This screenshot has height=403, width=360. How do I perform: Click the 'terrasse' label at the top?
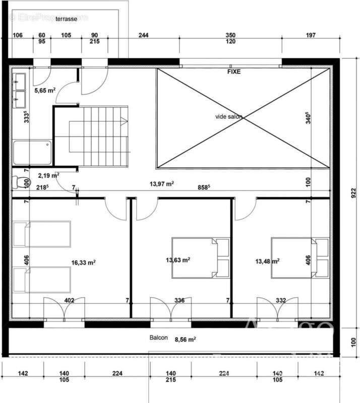click(66, 18)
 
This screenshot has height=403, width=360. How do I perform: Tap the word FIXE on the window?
click(234, 72)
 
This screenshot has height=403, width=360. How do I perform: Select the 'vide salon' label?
click(228, 116)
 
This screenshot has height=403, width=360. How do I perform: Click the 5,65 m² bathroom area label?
click(44, 91)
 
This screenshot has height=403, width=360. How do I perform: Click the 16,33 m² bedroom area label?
click(84, 262)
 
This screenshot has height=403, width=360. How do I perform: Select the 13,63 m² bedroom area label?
click(177, 260)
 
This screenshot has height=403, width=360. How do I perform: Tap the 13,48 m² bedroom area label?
click(267, 261)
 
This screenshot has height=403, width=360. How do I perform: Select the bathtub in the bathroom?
click(32, 152)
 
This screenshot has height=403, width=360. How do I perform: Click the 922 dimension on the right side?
click(352, 193)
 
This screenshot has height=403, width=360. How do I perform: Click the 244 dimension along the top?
click(144, 35)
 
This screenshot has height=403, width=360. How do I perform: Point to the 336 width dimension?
click(179, 301)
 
